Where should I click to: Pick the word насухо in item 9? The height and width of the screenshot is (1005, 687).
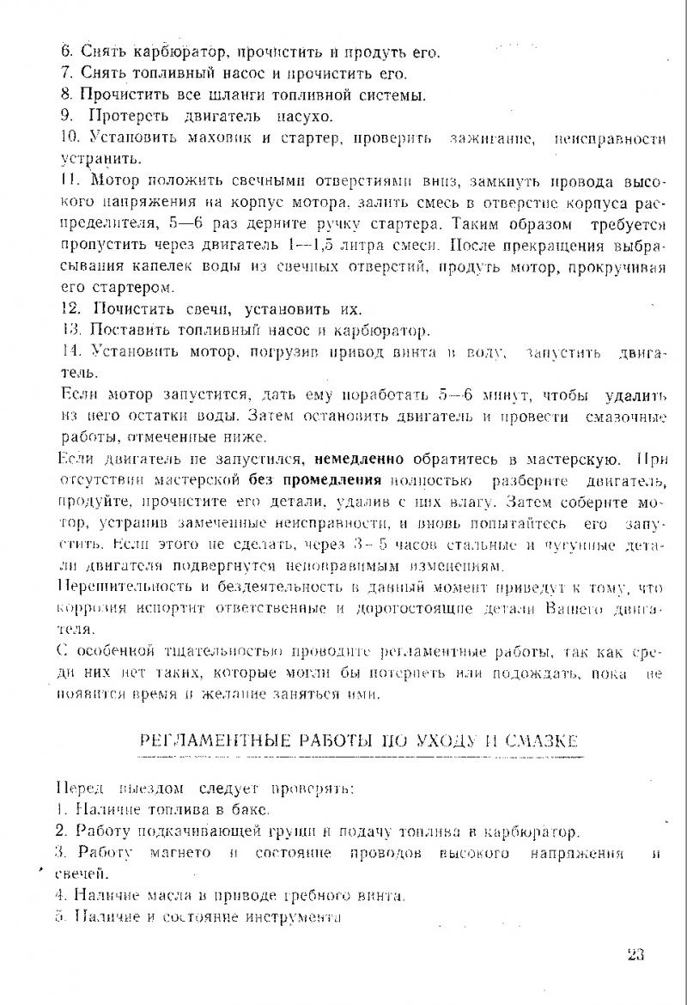pyautogui.click(x=305, y=115)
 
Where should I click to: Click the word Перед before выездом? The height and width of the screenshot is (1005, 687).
pyautogui.click(x=79, y=788)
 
